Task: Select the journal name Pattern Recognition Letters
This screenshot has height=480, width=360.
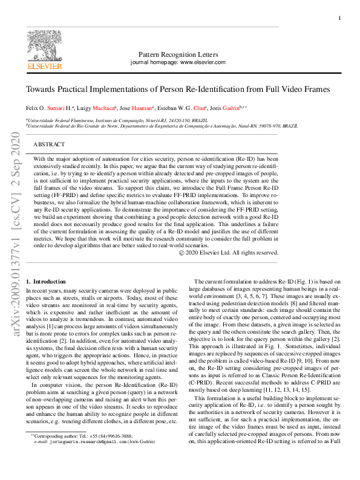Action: click(x=178, y=54)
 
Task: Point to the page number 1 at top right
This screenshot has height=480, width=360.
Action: click(x=339, y=19)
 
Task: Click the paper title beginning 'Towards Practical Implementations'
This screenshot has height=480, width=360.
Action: click(x=178, y=89)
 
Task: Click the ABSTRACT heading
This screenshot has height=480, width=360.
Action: click(x=49, y=145)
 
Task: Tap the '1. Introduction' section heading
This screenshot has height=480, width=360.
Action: click(x=46, y=282)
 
